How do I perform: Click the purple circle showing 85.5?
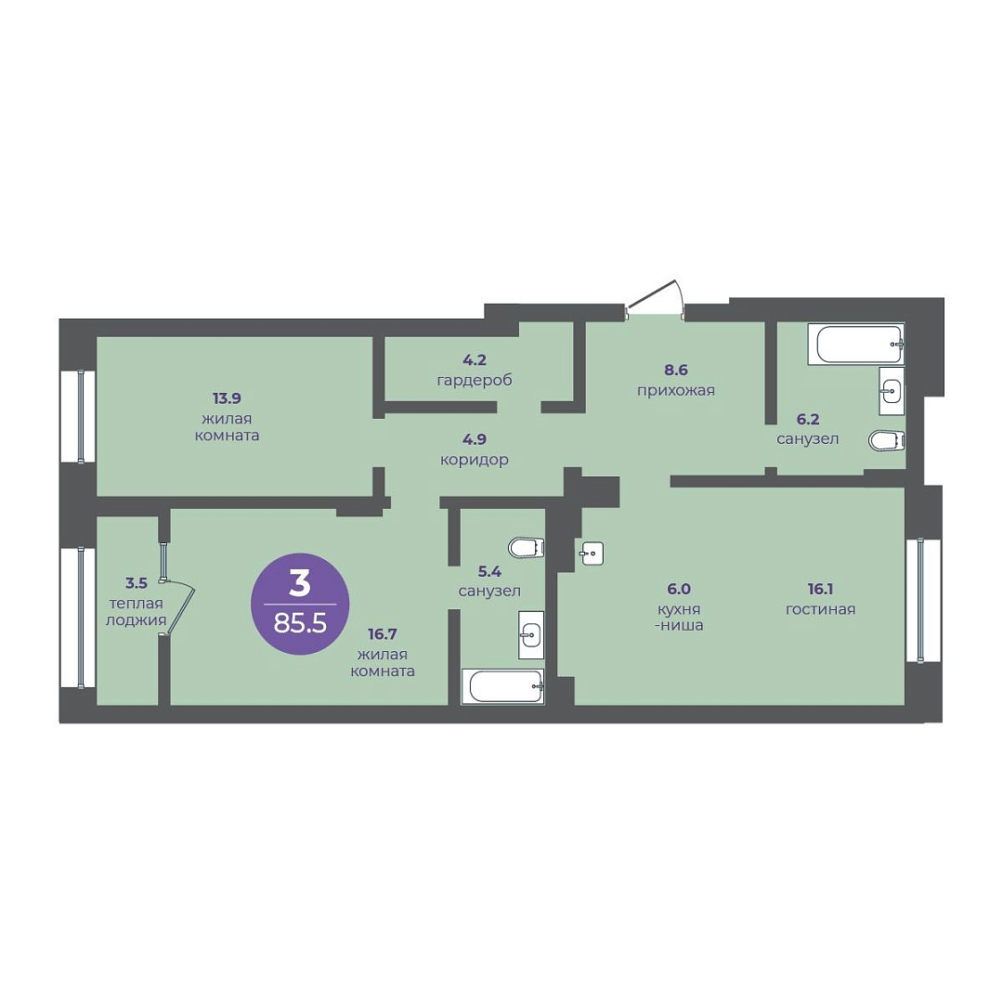pos(300,604)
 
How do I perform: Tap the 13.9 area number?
pos(227,398)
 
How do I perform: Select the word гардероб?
pos(475,381)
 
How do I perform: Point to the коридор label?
pos(475,460)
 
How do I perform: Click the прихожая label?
pos(675,390)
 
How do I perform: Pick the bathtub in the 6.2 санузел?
pos(856,345)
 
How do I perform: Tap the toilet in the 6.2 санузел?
pos(887,440)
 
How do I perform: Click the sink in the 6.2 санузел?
pos(892,391)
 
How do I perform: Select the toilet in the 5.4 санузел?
pos(527,548)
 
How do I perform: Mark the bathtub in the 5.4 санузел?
pos(502,686)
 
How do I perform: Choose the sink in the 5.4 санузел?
pos(531,634)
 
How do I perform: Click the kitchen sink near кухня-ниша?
pos(591,553)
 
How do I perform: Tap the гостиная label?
pos(821,609)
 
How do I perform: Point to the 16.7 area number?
pos(383,634)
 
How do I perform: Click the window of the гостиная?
pos(923,601)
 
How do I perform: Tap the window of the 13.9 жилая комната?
pos(78,416)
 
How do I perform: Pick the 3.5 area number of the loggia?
pos(137,582)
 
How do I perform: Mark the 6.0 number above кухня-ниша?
pos(679,589)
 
